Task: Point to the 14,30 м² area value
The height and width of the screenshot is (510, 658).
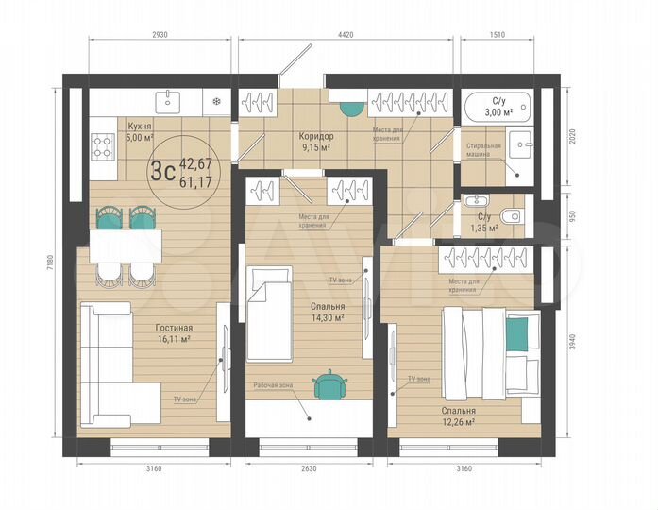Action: click(x=327, y=318)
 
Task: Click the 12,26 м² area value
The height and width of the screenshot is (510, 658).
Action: click(x=457, y=422)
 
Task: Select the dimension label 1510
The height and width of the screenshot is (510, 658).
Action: click(x=498, y=35)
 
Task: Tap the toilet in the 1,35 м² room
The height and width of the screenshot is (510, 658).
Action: click(x=511, y=214)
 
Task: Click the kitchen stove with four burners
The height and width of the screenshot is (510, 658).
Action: click(x=101, y=145)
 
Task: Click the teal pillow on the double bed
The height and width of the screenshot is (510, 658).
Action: click(x=516, y=331)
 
